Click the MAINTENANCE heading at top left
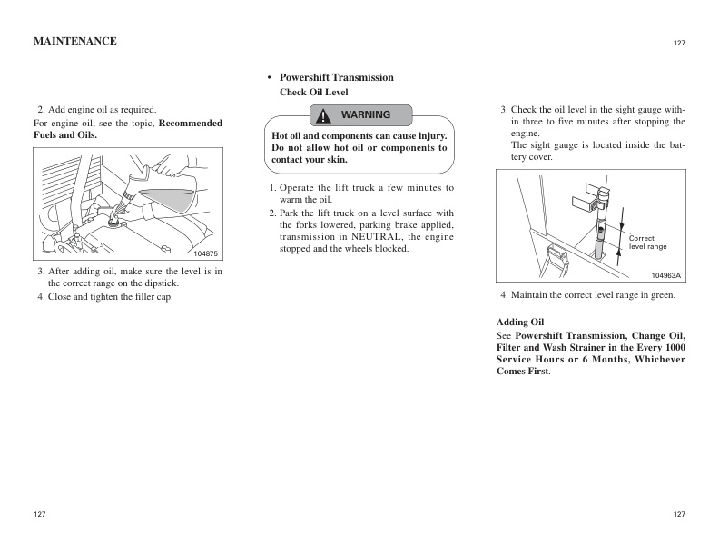[x=74, y=41]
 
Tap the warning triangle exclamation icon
[x=323, y=115]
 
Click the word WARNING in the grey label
[x=365, y=115]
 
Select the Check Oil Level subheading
[x=313, y=93]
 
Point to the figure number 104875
[x=206, y=253]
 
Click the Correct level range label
[x=647, y=243]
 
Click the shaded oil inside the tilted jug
[x=172, y=195]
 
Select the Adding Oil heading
[x=520, y=323]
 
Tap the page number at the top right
[x=679, y=43]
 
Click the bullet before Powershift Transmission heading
[x=270, y=78]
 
